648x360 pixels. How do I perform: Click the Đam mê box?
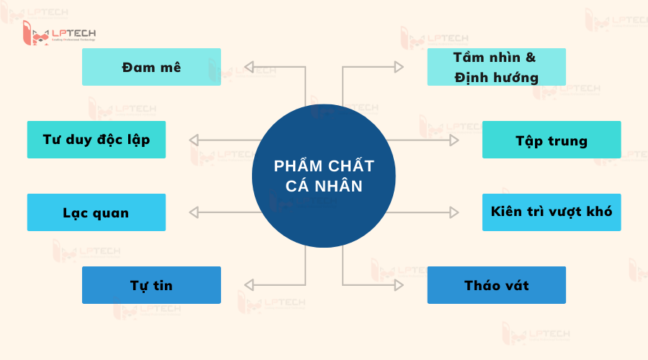(x=151, y=67)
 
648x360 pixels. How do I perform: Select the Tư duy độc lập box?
(x=96, y=140)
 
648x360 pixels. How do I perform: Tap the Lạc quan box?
(x=96, y=212)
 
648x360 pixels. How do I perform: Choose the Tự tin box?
(x=151, y=285)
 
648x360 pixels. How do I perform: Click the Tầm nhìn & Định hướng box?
(x=497, y=67)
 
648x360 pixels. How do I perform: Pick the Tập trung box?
(x=552, y=140)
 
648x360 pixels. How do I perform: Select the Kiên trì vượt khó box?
(x=552, y=212)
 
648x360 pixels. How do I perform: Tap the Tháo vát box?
(x=497, y=285)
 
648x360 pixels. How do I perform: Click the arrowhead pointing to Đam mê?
(x=249, y=67)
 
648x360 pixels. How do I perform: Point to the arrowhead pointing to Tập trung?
(x=454, y=140)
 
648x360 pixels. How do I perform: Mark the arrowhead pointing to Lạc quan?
(x=194, y=212)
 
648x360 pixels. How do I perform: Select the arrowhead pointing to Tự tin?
(x=249, y=285)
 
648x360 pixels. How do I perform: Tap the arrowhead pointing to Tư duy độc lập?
(x=194, y=140)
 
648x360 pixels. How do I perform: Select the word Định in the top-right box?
(x=471, y=76)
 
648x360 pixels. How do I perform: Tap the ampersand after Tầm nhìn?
(x=531, y=58)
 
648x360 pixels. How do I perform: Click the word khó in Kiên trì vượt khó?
(x=599, y=212)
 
